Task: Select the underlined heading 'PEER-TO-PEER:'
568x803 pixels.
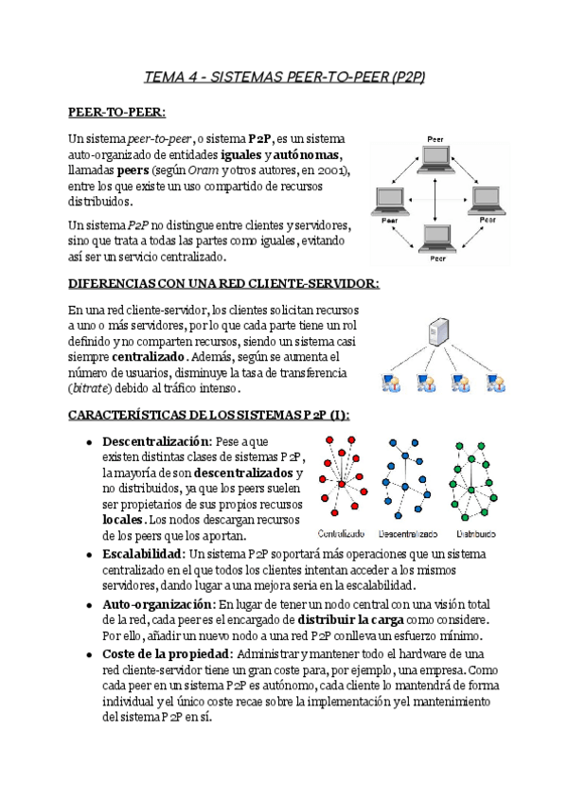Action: click(x=117, y=113)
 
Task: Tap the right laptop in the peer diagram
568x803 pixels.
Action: click(x=487, y=199)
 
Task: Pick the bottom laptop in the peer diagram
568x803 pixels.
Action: click(x=436, y=239)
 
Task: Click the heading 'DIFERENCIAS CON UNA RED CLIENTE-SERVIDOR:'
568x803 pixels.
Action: click(x=225, y=284)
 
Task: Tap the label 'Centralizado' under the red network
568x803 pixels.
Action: click(x=342, y=532)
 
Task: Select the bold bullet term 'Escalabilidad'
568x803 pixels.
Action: click(x=142, y=553)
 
